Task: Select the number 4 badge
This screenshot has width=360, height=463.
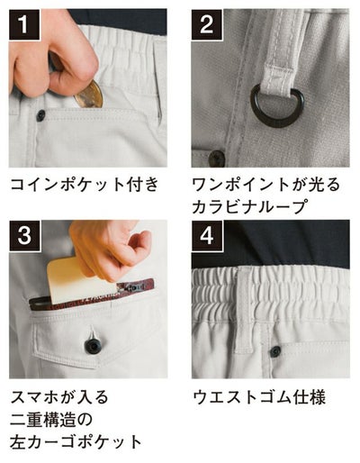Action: tap(208, 239)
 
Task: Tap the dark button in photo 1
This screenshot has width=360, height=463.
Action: tap(40, 116)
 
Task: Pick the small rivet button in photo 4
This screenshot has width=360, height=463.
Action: tap(275, 350)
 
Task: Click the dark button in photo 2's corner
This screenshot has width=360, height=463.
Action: tap(216, 159)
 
